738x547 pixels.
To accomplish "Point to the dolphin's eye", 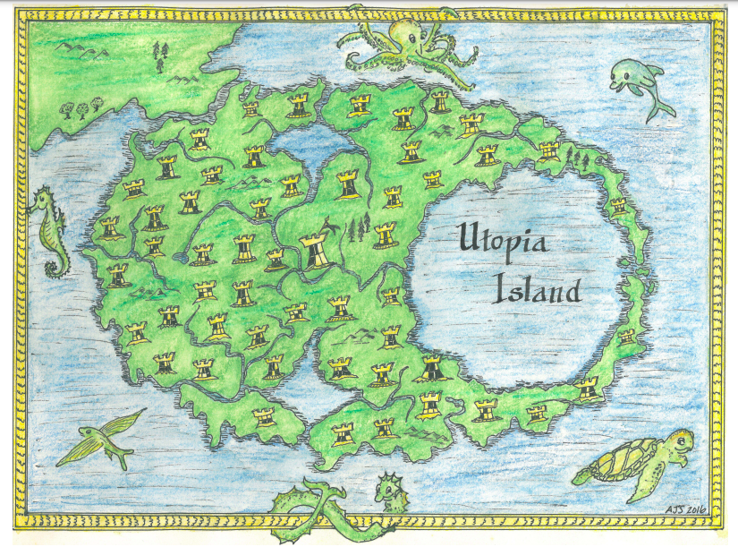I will pyautogui.click(x=623, y=74).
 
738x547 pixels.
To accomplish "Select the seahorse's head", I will pyautogui.click(x=41, y=203).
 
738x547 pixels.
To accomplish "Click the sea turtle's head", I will pyautogui.click(x=682, y=440).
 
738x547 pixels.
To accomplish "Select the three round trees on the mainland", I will pyautogui.click(x=76, y=109).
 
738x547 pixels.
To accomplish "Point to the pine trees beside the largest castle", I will pyautogui.click(x=360, y=230).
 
